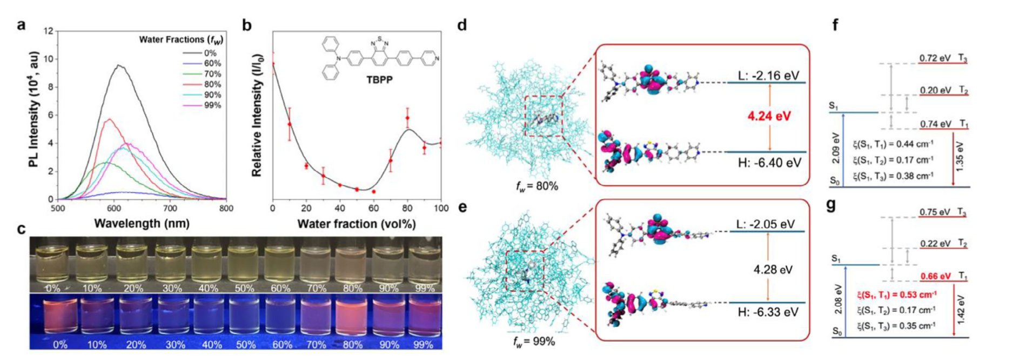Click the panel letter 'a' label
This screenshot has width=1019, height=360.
[x=21, y=25]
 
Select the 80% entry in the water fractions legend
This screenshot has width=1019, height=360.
[x=212, y=84]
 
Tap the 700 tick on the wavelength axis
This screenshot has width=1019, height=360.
[x=170, y=209]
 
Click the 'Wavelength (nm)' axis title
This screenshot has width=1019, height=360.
[x=142, y=223]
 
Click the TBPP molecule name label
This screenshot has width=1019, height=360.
[x=379, y=80]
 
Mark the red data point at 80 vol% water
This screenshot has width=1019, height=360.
[x=407, y=118]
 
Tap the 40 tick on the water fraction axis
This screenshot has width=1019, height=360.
[x=340, y=209]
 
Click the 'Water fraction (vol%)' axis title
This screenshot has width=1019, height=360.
[x=357, y=223]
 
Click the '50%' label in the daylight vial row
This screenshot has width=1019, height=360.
[x=244, y=289]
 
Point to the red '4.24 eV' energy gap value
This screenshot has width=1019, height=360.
[x=769, y=116]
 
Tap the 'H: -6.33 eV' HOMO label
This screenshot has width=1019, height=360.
[x=768, y=312]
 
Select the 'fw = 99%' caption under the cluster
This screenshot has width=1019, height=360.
[x=534, y=341]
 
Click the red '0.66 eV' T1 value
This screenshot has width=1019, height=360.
[x=936, y=276]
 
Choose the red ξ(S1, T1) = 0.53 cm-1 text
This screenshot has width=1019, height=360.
[x=896, y=295]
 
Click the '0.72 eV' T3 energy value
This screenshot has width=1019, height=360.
[x=935, y=58]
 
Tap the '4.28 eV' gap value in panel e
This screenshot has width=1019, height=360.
[x=773, y=269]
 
